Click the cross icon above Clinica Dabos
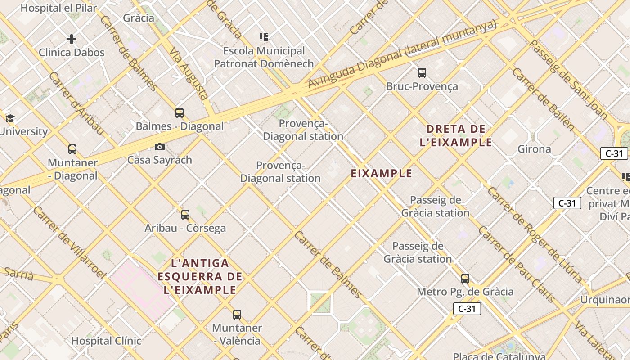pyautogui.click(x=72, y=40)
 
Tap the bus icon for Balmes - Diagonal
pyautogui.click(x=180, y=113)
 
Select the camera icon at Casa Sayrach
pyautogui.click(x=159, y=147)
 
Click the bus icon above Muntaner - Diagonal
pyautogui.click(x=72, y=149)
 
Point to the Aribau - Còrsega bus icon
pyautogui.click(x=185, y=215)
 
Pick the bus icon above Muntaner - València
pyautogui.click(x=237, y=315)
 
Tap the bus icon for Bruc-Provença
pyautogui.click(x=422, y=73)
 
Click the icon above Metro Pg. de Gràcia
pyautogui.click(x=465, y=279)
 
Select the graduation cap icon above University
pyautogui.click(x=10, y=119)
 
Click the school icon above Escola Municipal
pyautogui.click(x=264, y=37)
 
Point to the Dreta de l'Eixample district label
pyautogui.click(x=456, y=136)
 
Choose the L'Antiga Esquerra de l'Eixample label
pyautogui.click(x=200, y=276)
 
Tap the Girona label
pyautogui.click(x=534, y=149)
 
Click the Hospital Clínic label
pyautogui.click(x=106, y=341)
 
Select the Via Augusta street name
pyautogui.click(x=189, y=73)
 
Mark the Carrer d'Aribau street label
pyautogui.click(x=76, y=103)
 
